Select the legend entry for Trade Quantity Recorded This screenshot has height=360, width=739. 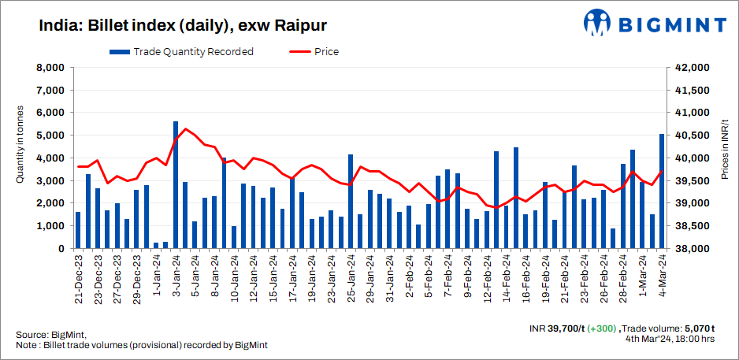[x=182, y=52]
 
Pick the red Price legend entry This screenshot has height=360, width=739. [x=314, y=52]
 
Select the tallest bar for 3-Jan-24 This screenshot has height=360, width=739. [x=175, y=185]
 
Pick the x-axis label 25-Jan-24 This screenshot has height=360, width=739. [x=351, y=280]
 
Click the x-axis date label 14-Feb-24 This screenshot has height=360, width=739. [x=496, y=280]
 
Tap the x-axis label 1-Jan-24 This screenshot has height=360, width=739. [x=156, y=277]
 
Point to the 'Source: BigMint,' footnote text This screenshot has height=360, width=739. [x=50, y=335]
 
